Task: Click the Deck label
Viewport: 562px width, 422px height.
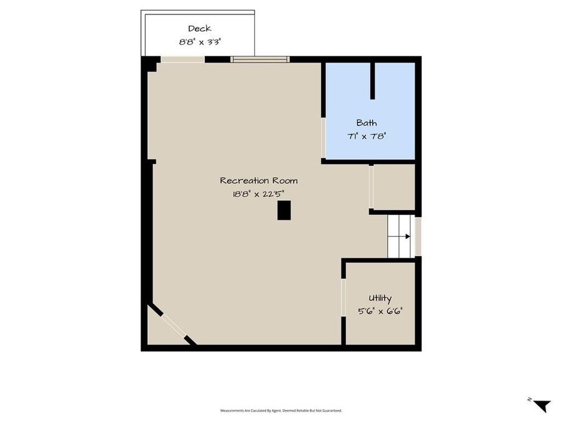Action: coord(199,28)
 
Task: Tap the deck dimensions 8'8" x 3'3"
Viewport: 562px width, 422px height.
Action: coord(199,43)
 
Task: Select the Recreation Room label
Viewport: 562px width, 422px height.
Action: coord(259,181)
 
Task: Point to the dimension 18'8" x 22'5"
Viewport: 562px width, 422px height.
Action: coord(259,194)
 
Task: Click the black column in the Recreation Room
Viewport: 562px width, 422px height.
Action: coord(284,210)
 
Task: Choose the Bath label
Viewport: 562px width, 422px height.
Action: coord(367,123)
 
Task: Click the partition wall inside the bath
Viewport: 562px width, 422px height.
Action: coord(372,81)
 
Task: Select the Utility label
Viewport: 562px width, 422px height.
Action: coord(380,299)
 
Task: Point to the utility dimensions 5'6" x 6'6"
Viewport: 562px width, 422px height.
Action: coord(380,311)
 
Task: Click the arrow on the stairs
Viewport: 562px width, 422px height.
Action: coord(406,236)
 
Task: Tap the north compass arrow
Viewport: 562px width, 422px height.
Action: coord(542,405)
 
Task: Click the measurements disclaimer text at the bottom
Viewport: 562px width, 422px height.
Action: coord(281,411)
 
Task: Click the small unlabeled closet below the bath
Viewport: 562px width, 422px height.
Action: coord(393,187)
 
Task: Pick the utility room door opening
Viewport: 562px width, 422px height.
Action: coord(343,298)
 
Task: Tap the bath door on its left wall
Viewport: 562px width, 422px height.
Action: coord(323,138)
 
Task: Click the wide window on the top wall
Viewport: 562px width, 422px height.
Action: coord(260,59)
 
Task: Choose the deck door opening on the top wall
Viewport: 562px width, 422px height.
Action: coord(183,59)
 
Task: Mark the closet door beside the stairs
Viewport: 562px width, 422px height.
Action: coord(371,187)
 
